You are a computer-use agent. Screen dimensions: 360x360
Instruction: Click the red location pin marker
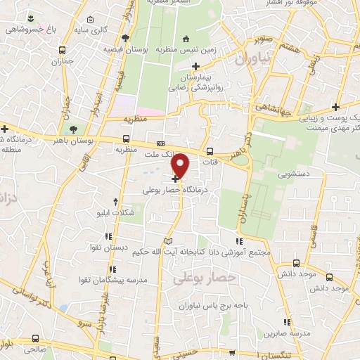click(x=181, y=165)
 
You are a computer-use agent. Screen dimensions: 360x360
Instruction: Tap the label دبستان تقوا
click(x=105, y=248)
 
